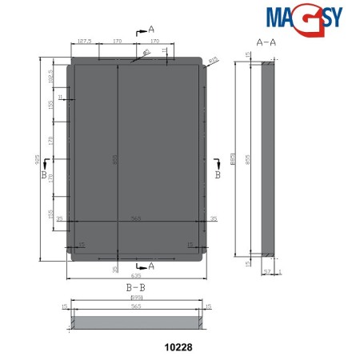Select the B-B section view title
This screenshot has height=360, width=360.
(x=134, y=286)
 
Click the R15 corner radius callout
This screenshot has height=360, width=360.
(x=214, y=58)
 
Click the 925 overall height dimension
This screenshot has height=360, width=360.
(x=37, y=159)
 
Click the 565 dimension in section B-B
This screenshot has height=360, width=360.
(x=136, y=306)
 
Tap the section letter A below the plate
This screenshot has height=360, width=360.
(x=150, y=265)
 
